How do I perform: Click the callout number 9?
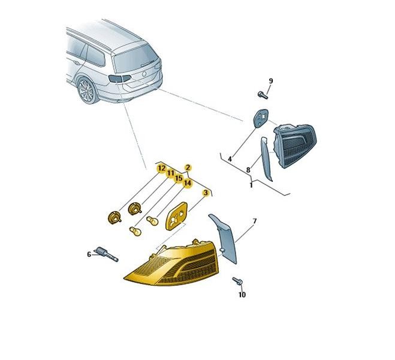click(x=271, y=81)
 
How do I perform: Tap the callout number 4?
click(x=230, y=159)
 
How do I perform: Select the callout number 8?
click(x=248, y=170)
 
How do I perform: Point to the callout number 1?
click(x=251, y=185)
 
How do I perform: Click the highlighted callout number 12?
click(x=161, y=168)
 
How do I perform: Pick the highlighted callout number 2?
click(x=188, y=167)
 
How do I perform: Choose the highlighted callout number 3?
click(x=206, y=193)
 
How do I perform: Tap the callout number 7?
click(x=255, y=221)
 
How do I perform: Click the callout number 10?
click(x=242, y=295)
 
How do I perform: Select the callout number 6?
click(x=89, y=254)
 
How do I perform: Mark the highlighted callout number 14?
click(x=188, y=183)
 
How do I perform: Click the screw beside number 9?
click(x=262, y=95)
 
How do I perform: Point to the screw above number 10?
click(x=237, y=281)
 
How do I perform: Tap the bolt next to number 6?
click(x=106, y=254)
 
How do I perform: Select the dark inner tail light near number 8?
click(x=295, y=145)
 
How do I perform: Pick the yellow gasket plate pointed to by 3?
click(x=176, y=216)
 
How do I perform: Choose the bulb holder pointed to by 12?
click(x=114, y=218)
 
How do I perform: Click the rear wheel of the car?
click(x=87, y=91)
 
